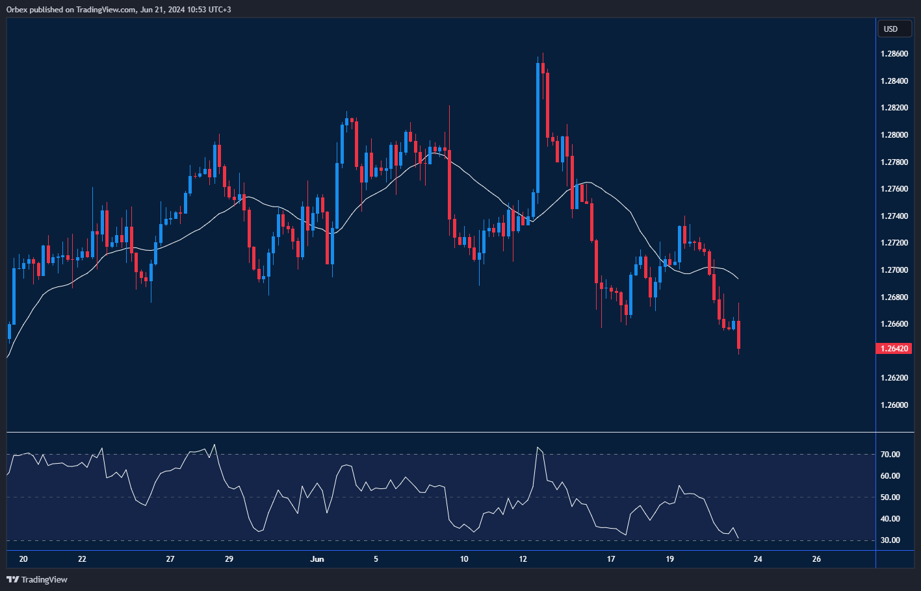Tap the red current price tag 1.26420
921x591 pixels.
(895, 349)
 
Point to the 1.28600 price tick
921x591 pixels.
(894, 54)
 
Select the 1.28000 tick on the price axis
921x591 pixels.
(894, 135)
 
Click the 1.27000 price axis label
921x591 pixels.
(894, 270)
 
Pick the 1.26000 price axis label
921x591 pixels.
(894, 405)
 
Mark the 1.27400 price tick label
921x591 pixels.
(894, 216)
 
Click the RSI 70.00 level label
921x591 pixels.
(890, 455)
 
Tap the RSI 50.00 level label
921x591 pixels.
(890, 497)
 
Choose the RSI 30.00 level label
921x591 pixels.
(890, 540)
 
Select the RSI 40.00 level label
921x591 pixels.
(890, 519)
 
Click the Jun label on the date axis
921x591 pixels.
(317, 559)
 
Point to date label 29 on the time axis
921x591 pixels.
(229, 559)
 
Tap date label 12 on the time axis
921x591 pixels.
(523, 559)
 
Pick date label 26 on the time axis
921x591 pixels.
(816, 559)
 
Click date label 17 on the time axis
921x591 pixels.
(611, 559)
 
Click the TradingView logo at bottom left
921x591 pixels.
(37, 579)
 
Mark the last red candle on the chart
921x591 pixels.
(739, 334)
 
